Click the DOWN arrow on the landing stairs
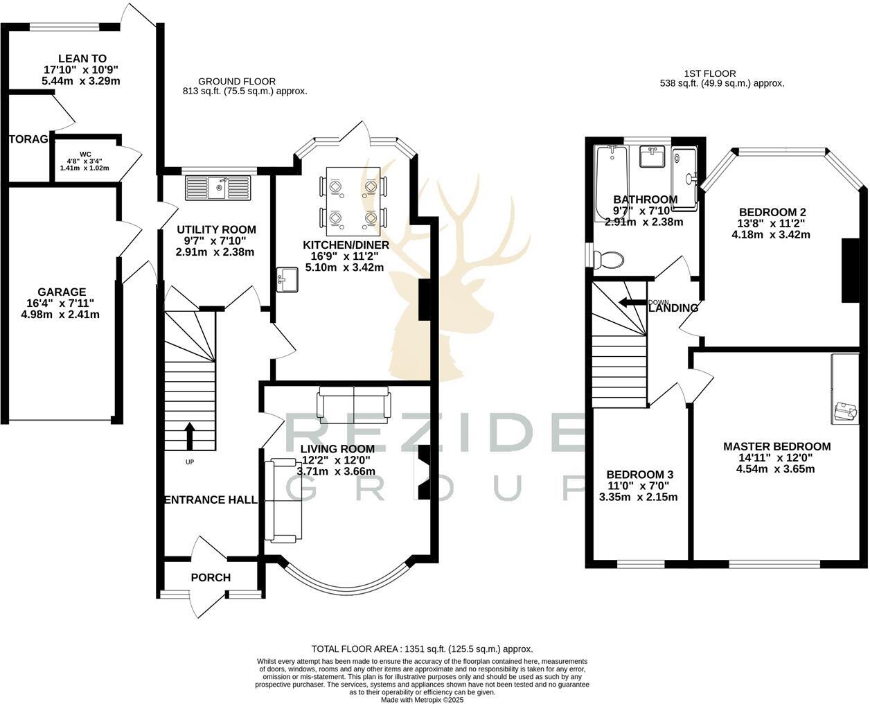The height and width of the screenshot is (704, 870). (x=632, y=302)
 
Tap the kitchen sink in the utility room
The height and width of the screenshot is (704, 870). (x=217, y=188)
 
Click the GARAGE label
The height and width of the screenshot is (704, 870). (x=62, y=292)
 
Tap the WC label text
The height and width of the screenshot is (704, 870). (x=85, y=154)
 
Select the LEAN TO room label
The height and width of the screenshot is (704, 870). (x=82, y=59)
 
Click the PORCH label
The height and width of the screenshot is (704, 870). (x=211, y=577)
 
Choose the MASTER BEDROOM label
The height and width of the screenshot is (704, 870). (x=776, y=446)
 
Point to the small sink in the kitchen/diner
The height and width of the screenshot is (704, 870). (x=286, y=279)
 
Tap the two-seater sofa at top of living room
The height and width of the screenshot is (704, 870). (x=354, y=404)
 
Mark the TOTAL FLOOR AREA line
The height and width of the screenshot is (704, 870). (x=422, y=649)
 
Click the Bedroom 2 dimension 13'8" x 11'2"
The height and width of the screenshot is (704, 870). (x=771, y=223)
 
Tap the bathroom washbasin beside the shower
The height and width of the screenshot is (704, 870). (x=652, y=157)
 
